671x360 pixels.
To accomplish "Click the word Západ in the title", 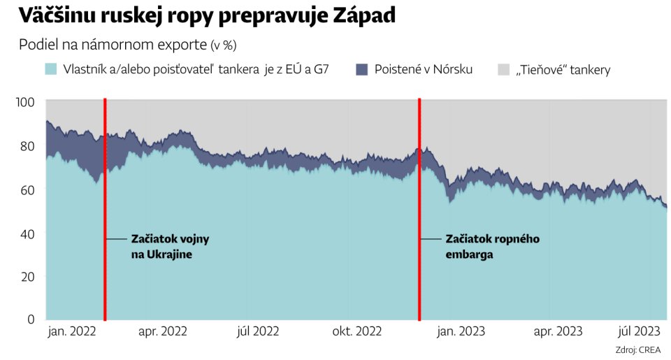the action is tap(364, 16).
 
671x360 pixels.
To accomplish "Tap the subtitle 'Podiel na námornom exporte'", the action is tap(113, 45).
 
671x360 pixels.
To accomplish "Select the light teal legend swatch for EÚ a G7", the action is tap(51, 69).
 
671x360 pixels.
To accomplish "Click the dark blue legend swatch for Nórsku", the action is tap(362, 69).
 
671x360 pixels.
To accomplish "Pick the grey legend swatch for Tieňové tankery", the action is tap(504, 69).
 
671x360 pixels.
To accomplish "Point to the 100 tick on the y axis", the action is tap(25, 102).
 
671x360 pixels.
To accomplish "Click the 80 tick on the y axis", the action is tap(27, 146).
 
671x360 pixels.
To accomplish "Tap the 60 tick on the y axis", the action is tap(27, 189).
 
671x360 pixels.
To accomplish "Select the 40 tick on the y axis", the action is tap(27, 233).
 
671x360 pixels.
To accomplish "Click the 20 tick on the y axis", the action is tap(27, 277).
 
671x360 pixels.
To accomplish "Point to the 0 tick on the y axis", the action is tap(31, 319).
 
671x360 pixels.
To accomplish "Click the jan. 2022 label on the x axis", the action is tap(72, 331).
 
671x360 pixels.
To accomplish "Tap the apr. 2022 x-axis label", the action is tap(163, 331).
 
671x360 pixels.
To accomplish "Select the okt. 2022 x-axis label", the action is tap(357, 331).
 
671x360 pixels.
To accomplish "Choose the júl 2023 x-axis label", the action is tap(639, 331).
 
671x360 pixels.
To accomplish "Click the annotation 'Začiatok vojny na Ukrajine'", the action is tap(171, 247).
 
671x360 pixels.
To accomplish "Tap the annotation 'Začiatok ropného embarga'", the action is tap(493, 247).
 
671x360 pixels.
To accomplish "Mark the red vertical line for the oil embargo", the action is tap(419, 209).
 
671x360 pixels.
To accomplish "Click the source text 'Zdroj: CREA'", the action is tap(638, 350).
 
